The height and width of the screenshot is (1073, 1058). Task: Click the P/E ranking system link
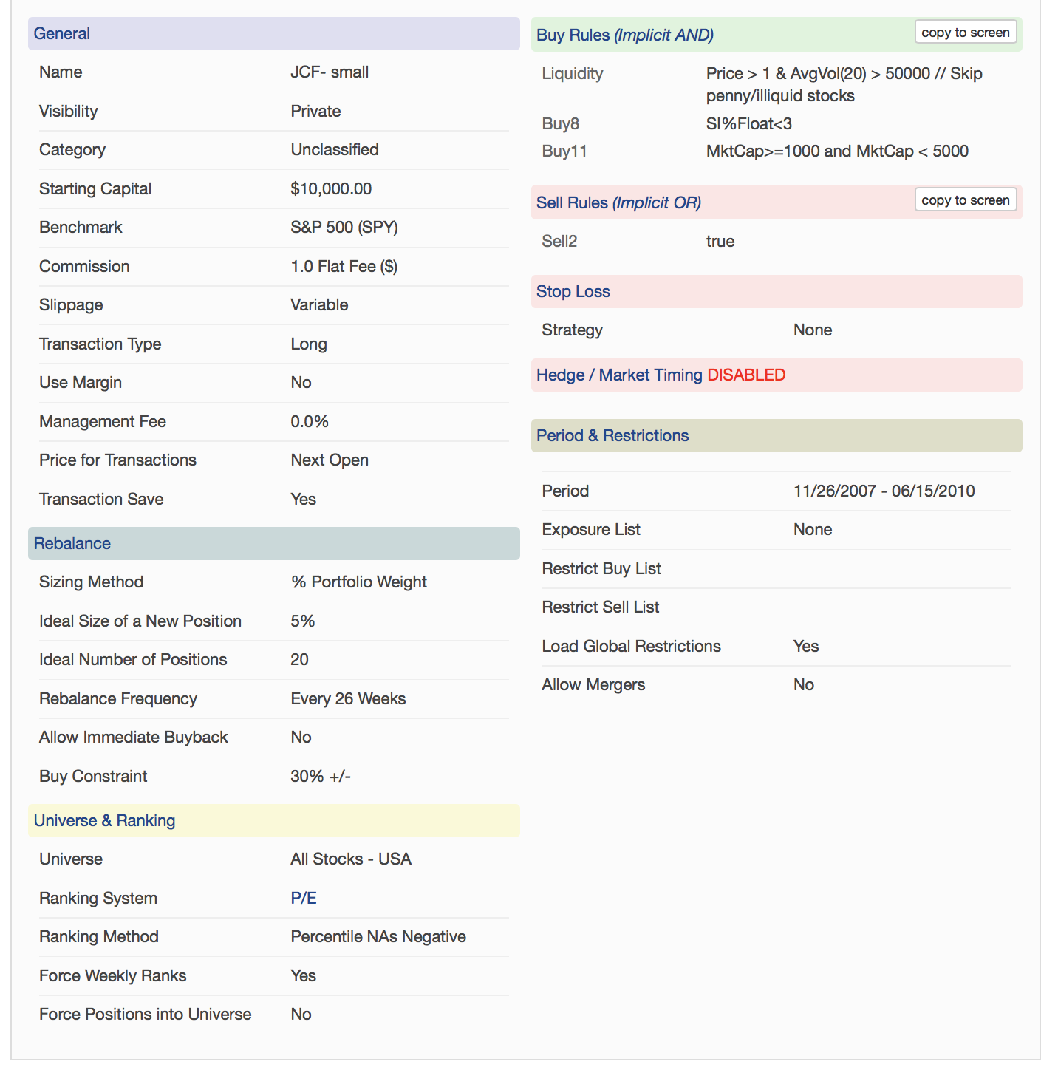coord(304,898)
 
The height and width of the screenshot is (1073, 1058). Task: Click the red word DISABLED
coord(746,375)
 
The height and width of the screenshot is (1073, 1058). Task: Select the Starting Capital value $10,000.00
coord(331,188)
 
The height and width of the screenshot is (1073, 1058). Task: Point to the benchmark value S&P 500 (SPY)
coord(344,227)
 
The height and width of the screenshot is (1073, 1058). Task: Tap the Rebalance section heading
coord(72,543)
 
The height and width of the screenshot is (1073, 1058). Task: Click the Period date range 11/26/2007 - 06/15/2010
coord(884,491)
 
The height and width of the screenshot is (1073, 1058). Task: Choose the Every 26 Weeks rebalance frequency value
coord(348,698)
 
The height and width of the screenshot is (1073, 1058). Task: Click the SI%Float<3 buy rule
coord(748,123)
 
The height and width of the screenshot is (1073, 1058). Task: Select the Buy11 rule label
coord(564,151)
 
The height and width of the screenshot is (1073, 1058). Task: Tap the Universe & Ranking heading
coord(104,820)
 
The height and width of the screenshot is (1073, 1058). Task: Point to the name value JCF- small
coord(330,72)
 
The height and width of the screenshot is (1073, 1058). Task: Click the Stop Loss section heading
coord(573,291)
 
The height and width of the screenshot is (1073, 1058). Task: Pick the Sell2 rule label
coord(559,241)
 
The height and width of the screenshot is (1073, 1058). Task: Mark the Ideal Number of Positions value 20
coord(299,659)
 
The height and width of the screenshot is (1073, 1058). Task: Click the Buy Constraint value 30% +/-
coord(321,776)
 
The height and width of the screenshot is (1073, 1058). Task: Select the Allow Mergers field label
coord(593,684)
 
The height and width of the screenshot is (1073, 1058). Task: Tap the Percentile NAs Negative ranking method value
coord(378,936)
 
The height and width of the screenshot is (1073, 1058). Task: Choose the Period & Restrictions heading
coord(612,435)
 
